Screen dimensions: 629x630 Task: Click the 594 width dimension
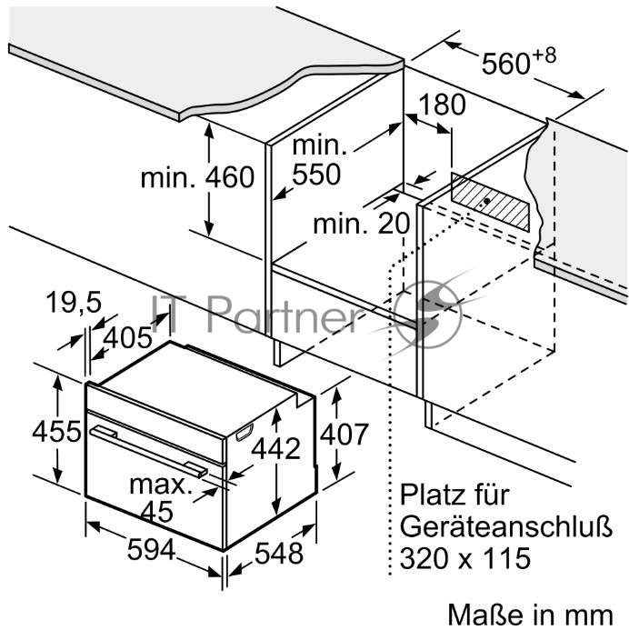(151, 549)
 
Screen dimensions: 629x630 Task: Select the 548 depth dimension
(279, 553)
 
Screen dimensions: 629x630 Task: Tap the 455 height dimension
(56, 432)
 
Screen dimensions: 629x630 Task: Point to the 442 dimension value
(276, 448)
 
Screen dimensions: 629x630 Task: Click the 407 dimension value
(344, 434)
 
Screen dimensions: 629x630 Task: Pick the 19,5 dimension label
(74, 302)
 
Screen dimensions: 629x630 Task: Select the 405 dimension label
(128, 337)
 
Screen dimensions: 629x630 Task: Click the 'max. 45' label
(159, 498)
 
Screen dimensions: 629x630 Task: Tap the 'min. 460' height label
(197, 177)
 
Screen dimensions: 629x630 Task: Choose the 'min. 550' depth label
(319, 160)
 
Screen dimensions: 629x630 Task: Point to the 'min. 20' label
(362, 224)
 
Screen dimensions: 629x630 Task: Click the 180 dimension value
(442, 105)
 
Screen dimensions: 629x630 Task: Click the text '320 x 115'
(465, 558)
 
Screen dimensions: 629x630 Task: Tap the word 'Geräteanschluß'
(506, 525)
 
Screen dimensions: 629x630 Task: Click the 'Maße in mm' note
(530, 615)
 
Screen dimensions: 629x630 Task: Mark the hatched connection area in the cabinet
(490, 202)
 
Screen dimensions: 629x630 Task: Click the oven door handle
(148, 452)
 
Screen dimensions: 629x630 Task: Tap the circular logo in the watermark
(428, 315)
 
